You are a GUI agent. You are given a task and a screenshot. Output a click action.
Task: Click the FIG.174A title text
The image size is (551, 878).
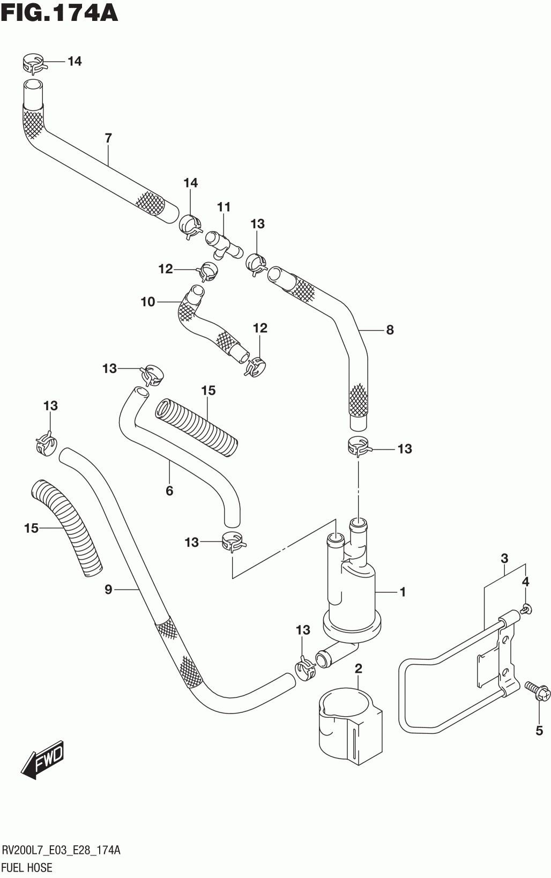59,13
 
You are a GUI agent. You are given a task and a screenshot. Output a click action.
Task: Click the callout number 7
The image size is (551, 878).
109,138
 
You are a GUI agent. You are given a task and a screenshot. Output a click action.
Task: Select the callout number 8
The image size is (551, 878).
390,330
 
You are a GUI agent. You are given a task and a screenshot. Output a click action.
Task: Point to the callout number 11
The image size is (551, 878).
224,206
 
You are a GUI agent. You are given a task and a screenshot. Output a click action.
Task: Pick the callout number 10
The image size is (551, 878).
148,302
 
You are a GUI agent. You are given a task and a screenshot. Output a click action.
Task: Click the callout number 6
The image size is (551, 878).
169,490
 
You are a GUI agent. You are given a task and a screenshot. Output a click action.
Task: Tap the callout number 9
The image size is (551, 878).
109,589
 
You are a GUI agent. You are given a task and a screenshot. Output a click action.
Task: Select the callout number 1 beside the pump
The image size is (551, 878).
403,592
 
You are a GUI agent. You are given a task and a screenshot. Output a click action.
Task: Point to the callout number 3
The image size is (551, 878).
504,558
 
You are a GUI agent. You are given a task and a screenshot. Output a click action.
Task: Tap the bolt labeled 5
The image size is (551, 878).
538,690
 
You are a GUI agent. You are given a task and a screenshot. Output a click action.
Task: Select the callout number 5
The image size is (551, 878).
539,730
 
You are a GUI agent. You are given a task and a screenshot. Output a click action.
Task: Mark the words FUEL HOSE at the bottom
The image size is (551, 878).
27,867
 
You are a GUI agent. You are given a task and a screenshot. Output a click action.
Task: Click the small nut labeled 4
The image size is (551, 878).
527,609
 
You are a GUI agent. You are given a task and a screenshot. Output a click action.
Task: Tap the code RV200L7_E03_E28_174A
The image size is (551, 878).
61,850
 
